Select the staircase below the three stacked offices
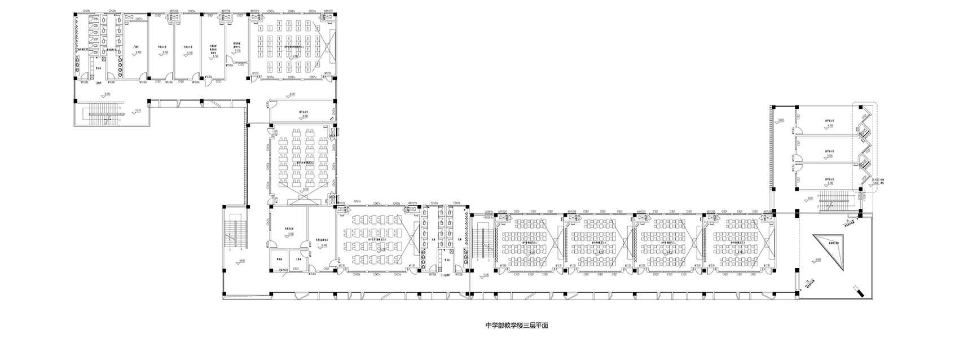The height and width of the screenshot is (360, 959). coord(834,200)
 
